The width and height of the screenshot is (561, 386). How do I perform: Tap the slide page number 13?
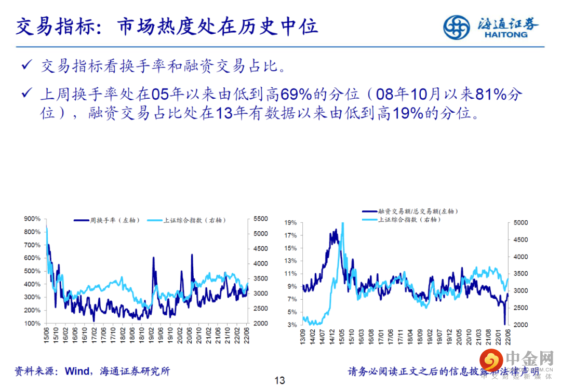pyautogui.click(x=280, y=380)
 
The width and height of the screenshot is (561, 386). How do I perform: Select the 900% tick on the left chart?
pyautogui.click(x=33, y=219)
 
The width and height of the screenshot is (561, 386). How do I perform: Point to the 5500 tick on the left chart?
pyautogui.click(x=261, y=219)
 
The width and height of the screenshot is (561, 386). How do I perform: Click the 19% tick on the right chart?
pyautogui.click(x=290, y=222)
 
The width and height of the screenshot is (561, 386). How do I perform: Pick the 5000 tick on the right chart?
pyautogui.click(x=520, y=222)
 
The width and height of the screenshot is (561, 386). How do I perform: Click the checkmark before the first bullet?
pyautogui.click(x=26, y=65)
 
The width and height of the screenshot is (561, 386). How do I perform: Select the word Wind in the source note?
pyautogui.click(x=77, y=371)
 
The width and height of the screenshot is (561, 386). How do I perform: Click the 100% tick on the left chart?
pyautogui.click(x=33, y=323)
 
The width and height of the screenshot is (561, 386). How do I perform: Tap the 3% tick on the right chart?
pyautogui.click(x=292, y=325)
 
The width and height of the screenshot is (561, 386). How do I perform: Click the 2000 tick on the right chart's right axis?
pyautogui.click(x=520, y=325)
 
